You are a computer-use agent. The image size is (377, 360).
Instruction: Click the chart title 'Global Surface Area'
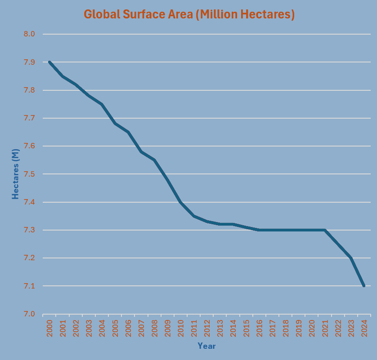[x=189, y=14]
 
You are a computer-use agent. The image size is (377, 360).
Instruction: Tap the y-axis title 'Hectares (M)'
[x=16, y=174]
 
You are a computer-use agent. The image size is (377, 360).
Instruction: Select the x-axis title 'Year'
[x=206, y=346]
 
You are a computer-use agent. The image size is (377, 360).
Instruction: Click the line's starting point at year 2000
[x=49, y=62]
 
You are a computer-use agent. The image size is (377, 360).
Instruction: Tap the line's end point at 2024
[x=364, y=286]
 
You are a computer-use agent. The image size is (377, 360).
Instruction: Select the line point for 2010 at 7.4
[x=180, y=202]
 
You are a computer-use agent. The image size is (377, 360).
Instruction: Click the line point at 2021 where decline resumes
[x=324, y=230]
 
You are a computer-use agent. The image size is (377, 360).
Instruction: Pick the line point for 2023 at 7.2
[x=350, y=258]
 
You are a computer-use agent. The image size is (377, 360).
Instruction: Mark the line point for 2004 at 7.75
[x=102, y=104]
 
